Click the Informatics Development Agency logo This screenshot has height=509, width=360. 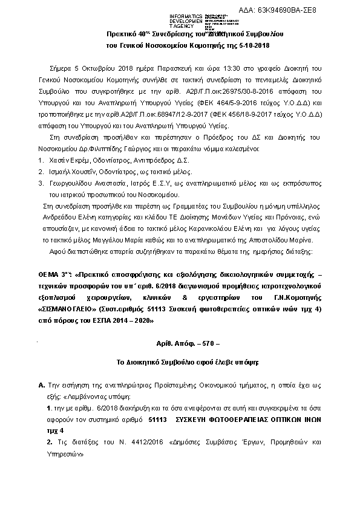[x=188, y=19]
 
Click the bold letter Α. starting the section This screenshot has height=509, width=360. [x=41, y=384]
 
